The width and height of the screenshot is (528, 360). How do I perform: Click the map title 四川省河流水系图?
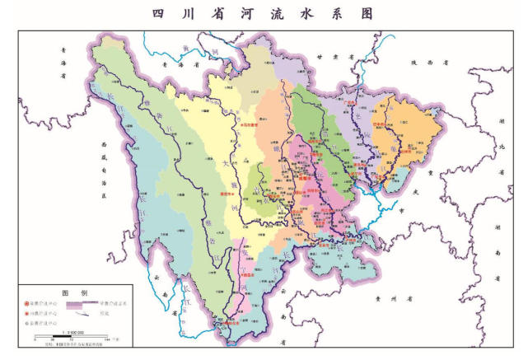pos(263,14)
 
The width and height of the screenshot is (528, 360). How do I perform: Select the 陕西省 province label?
pos(428,62)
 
